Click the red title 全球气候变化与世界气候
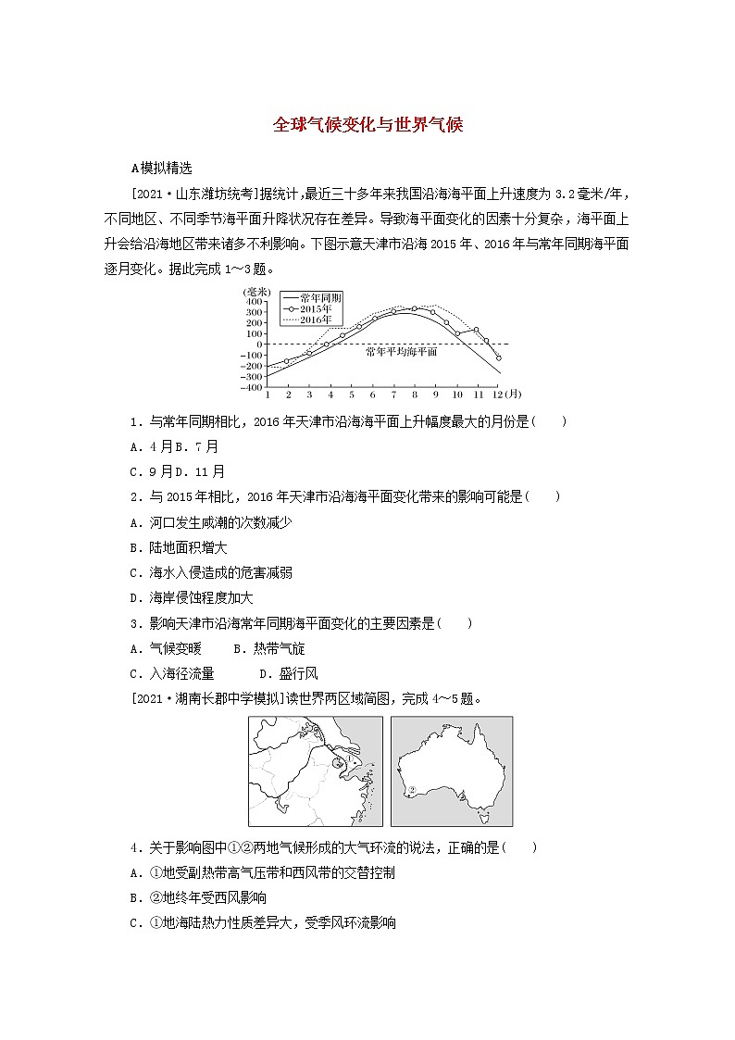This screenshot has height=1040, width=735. point(367,126)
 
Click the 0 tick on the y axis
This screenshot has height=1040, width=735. point(260,344)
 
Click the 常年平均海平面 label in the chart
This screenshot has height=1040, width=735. point(400,352)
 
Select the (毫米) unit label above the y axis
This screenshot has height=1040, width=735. point(254,292)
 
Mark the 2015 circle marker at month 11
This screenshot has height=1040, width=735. point(476,329)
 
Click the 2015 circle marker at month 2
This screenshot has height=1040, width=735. point(287,360)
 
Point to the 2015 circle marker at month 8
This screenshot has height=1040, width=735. point(414,308)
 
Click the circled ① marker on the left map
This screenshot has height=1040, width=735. point(339,762)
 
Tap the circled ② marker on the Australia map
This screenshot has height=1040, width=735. point(413,791)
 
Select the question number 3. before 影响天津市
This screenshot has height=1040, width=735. point(135,623)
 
